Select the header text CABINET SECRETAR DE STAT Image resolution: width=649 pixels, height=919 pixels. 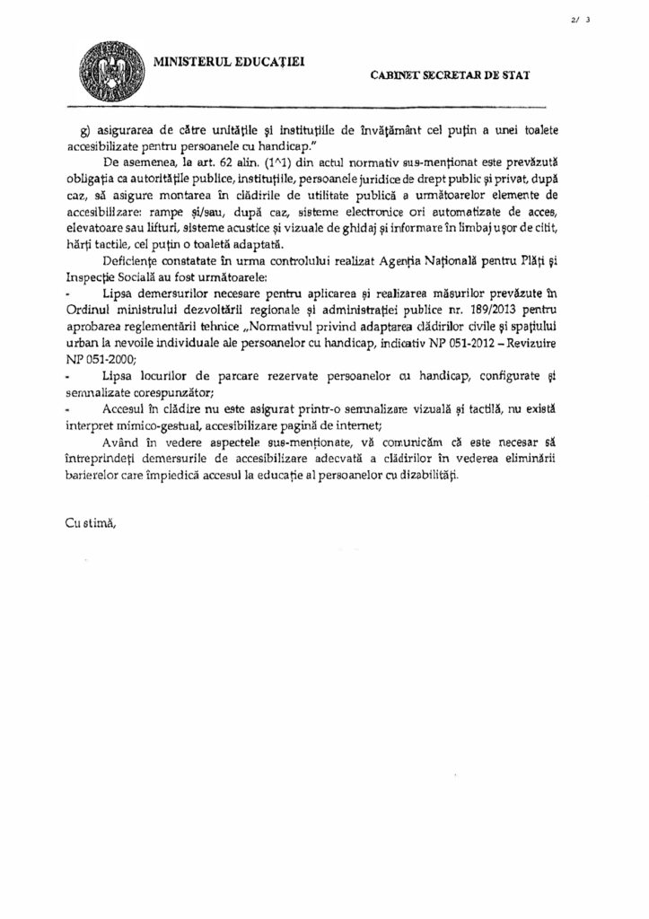pos(448,77)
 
